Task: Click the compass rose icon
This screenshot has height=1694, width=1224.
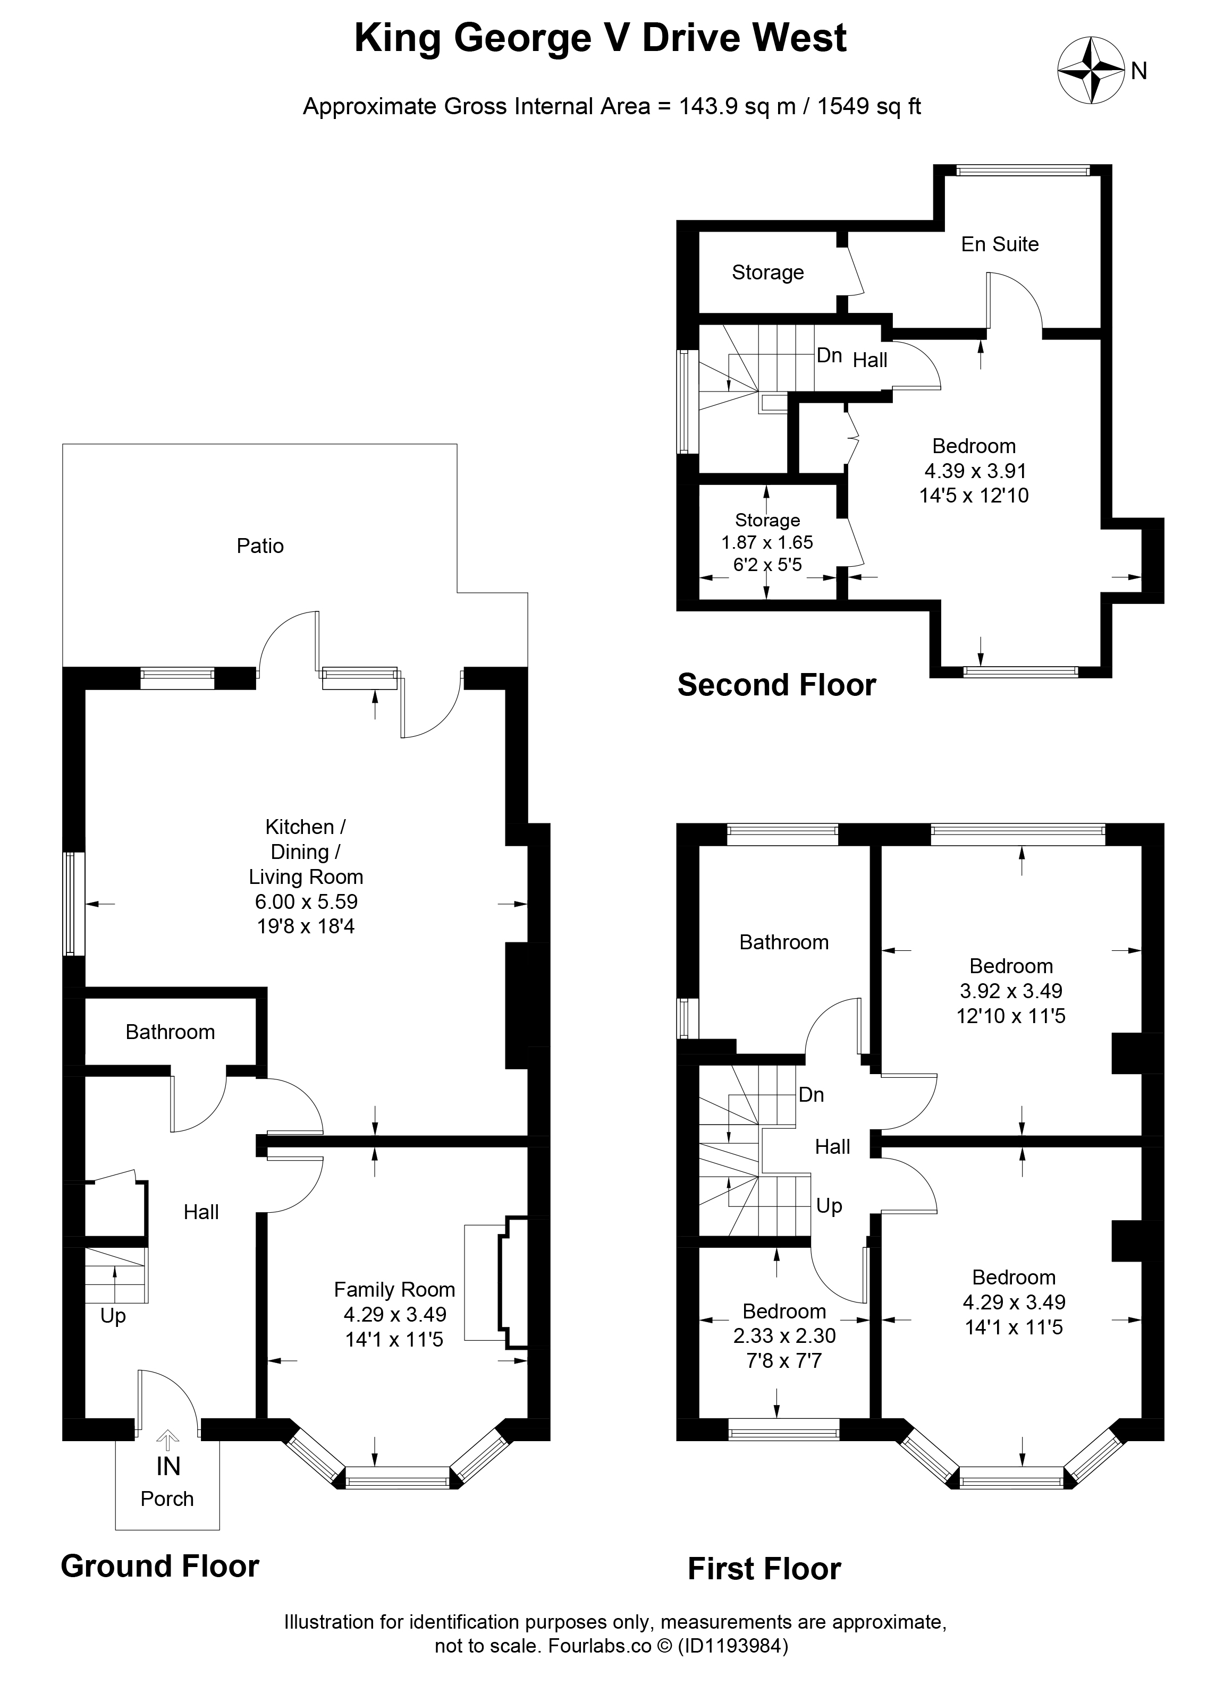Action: (1091, 71)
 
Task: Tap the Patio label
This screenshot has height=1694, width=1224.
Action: (260, 546)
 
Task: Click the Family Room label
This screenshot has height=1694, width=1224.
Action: (394, 1289)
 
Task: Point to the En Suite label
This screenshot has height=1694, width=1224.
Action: (1000, 244)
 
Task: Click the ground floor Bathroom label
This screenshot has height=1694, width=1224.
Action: (171, 1032)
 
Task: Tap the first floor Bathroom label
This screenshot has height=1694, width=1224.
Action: (784, 942)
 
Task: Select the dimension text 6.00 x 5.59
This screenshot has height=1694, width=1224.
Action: (306, 901)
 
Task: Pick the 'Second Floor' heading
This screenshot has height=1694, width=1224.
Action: (776, 685)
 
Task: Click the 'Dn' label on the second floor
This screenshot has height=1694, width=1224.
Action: (830, 355)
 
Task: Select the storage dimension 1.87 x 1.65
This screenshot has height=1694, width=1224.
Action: (767, 542)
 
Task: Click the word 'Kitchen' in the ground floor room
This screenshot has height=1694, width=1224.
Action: (300, 827)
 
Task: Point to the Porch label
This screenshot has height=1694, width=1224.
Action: (167, 1499)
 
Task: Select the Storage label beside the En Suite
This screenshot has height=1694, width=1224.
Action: (767, 273)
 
